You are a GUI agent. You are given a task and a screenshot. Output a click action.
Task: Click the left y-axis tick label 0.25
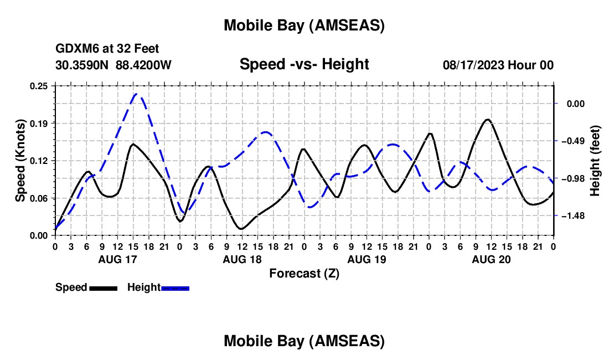click(x=39, y=86)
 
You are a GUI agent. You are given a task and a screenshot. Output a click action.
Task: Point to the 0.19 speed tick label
click(x=39, y=123)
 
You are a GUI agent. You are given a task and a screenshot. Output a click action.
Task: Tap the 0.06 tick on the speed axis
click(x=39, y=198)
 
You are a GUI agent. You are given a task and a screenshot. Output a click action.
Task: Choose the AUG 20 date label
click(x=490, y=259)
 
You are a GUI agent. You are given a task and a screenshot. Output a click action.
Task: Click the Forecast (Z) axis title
click(x=304, y=273)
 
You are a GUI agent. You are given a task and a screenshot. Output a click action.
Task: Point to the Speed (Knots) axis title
click(x=21, y=160)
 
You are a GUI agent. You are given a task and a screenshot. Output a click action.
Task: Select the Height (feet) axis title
click(x=595, y=161)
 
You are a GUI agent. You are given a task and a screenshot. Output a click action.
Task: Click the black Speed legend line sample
click(x=103, y=288)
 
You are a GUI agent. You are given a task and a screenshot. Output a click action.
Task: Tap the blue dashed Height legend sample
click(x=175, y=288)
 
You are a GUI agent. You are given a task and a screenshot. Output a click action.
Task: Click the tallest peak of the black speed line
click(x=487, y=120)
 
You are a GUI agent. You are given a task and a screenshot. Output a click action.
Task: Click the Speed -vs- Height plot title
click(x=304, y=64)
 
